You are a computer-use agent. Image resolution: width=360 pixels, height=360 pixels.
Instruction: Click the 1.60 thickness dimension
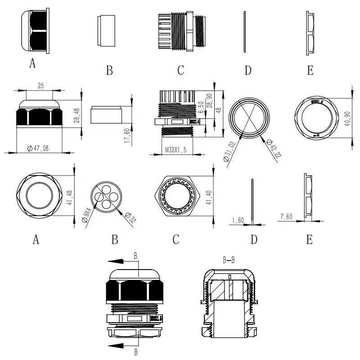pyautogui.click(x=238, y=221)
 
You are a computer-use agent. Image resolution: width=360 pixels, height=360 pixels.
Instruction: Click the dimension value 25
pyautogui.click(x=40, y=85)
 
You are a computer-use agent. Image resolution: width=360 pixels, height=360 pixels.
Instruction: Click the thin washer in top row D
pyautogui.click(x=244, y=31)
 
